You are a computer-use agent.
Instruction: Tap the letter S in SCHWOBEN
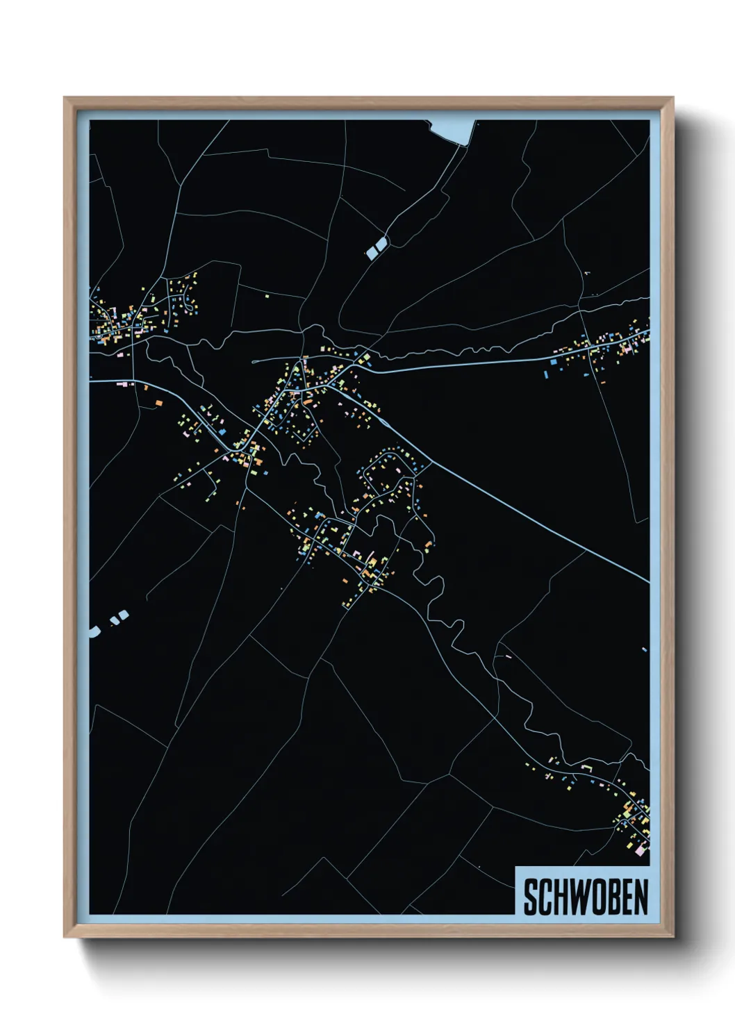click(x=530, y=897)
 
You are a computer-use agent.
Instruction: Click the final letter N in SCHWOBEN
click(x=641, y=897)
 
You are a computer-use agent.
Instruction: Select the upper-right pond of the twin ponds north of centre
click(x=381, y=243)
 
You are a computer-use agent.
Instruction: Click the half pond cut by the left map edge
click(x=93, y=631)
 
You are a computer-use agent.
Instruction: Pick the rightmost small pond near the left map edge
click(x=124, y=614)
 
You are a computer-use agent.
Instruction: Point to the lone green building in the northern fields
click(x=267, y=296)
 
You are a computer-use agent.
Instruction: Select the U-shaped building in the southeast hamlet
click(x=586, y=768)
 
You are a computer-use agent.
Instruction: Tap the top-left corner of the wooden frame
click(x=66, y=99)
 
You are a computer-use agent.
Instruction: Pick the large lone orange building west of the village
click(x=158, y=402)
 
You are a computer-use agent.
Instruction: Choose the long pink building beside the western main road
click(x=126, y=383)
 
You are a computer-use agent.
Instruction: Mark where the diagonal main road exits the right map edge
click(x=648, y=581)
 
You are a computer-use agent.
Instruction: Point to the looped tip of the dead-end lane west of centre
click(x=254, y=361)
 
